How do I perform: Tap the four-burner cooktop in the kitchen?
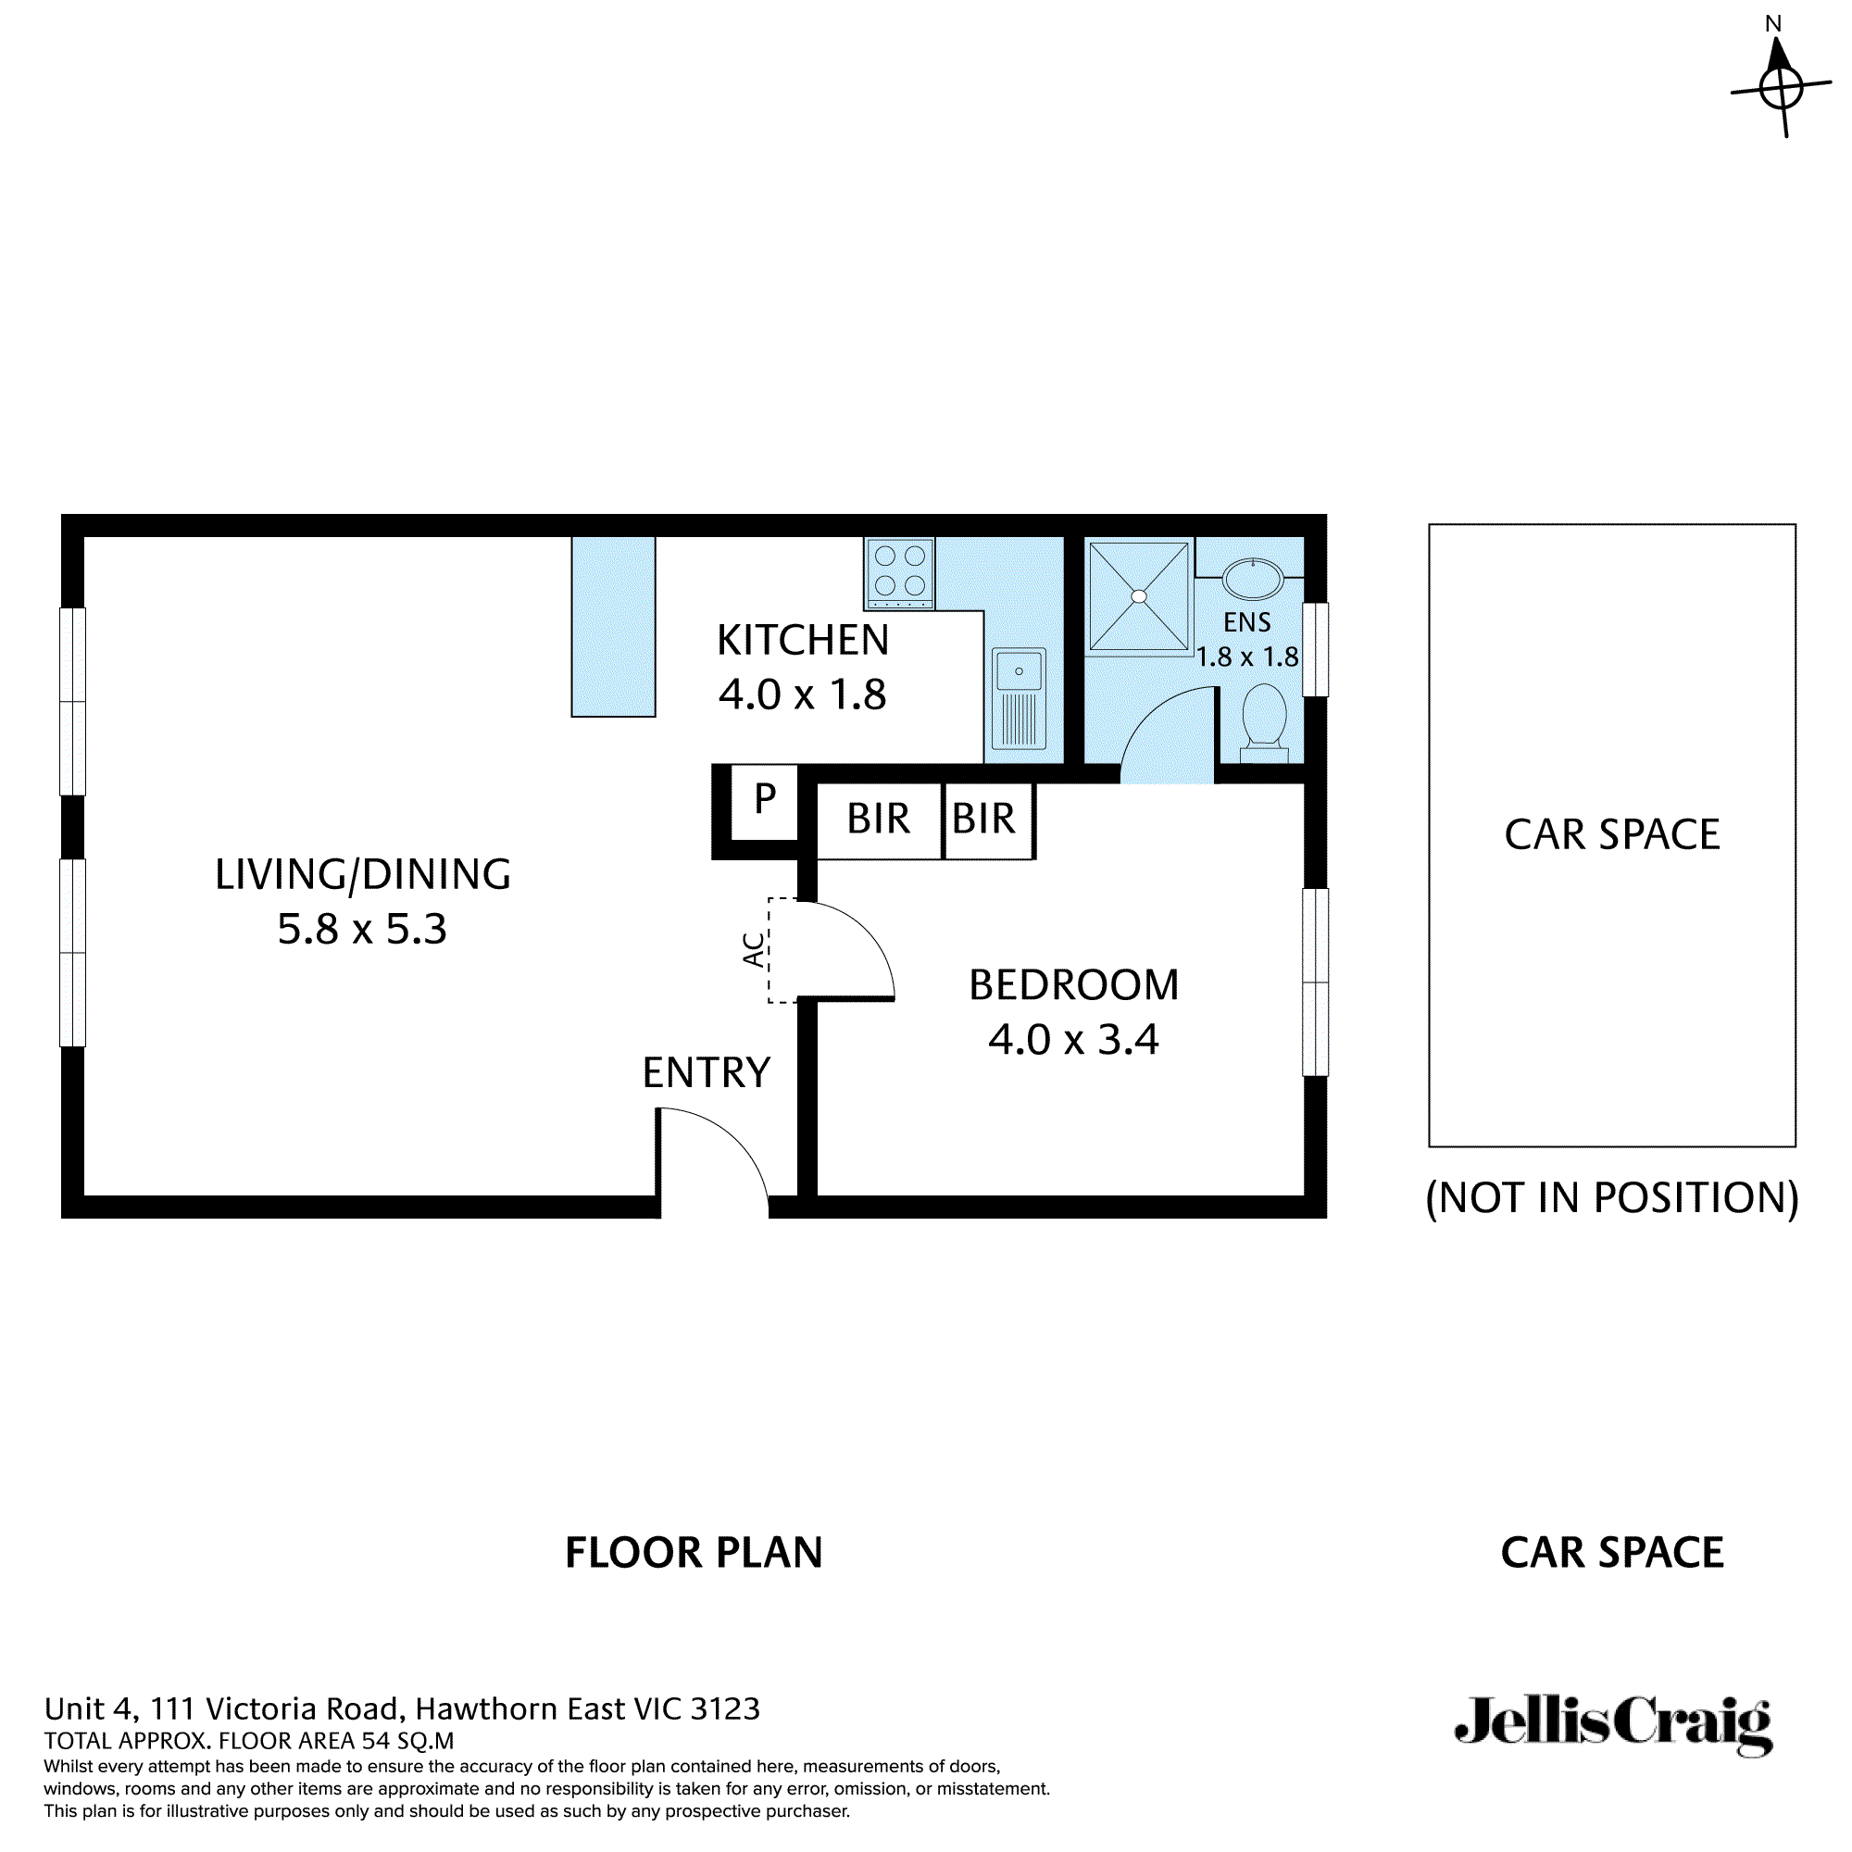[x=899, y=571]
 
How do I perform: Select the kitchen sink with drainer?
[x=1018, y=697]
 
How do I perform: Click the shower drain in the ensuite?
[x=1139, y=596]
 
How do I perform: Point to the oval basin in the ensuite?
[x=1252, y=580]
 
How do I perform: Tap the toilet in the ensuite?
[x=1263, y=719]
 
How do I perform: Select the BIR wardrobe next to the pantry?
[x=878, y=820]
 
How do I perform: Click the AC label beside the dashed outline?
[x=755, y=949]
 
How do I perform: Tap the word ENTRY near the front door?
[x=707, y=1072]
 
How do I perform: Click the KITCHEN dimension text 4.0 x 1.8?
[x=802, y=694]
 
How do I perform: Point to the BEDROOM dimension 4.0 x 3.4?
[x=1072, y=1039]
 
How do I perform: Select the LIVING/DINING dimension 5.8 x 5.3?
[x=362, y=929]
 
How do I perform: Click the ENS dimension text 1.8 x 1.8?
[x=1247, y=657]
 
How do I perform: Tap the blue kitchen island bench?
[x=614, y=626]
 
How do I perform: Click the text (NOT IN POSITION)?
[x=1611, y=1197]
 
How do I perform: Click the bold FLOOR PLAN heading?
[x=694, y=1552]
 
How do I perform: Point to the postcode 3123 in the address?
[x=725, y=1708]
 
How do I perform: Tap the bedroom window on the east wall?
[x=1314, y=982]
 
